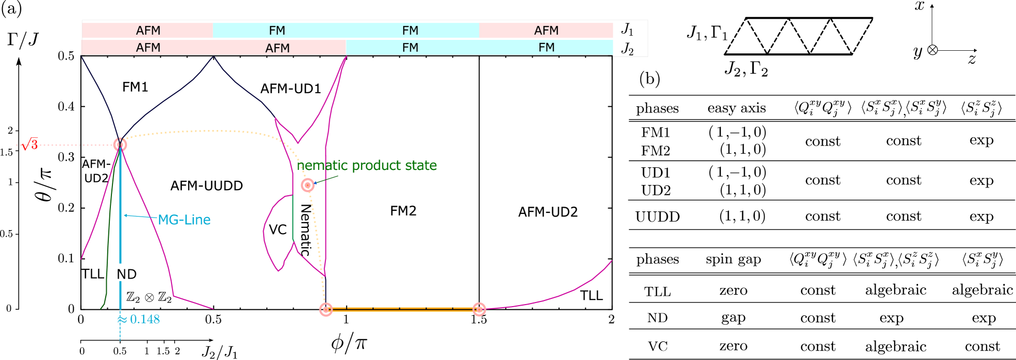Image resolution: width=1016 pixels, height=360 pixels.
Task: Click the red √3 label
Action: point(30,144)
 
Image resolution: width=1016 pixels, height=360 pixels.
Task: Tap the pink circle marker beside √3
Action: point(120,145)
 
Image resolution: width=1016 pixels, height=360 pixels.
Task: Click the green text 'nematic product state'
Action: point(367,165)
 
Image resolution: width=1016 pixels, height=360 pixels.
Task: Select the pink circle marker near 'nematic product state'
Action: point(308,185)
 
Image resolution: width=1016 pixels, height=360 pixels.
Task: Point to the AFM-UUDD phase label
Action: point(207,185)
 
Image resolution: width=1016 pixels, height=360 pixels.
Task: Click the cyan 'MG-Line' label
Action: point(184,220)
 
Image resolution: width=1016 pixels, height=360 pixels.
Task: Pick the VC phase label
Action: point(278,229)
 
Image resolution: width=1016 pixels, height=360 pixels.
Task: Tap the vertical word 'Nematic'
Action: point(306,229)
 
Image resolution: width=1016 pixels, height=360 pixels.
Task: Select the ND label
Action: point(127,274)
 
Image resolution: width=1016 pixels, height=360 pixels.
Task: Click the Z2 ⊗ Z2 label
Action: point(149,297)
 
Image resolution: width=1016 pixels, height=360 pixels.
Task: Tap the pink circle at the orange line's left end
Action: point(326,309)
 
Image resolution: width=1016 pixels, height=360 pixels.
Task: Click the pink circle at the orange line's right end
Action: point(479,309)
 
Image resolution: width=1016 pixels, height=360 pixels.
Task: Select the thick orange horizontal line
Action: point(403,309)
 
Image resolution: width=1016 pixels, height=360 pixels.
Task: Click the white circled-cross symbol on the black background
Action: point(933,50)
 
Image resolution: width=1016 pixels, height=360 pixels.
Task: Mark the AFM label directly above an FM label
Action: point(546,31)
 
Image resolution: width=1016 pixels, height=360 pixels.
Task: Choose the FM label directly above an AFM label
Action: point(277,31)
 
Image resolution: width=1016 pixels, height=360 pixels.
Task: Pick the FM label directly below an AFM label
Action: point(546,48)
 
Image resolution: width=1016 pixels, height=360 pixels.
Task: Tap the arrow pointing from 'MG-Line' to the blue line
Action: point(140,217)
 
